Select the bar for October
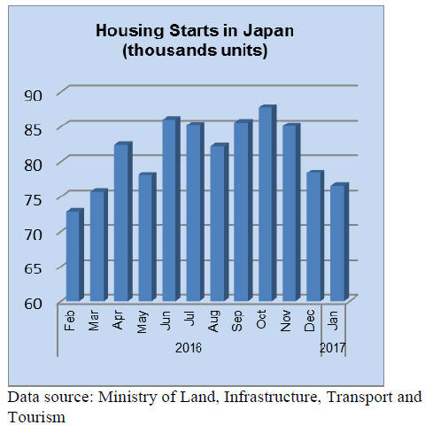pyautogui.click(x=267, y=203)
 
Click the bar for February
pyautogui.click(x=75, y=255)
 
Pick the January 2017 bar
pyautogui.click(x=339, y=242)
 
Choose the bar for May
pyautogui.click(x=147, y=237)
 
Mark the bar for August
pyautogui.click(x=220, y=222)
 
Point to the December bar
pyautogui.click(x=315, y=236)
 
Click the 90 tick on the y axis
pyautogui.click(x=33, y=96)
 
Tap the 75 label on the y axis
pyautogui.click(x=33, y=200)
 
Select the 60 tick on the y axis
pyautogui.click(x=33, y=304)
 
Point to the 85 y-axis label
pyautogui.click(x=33, y=130)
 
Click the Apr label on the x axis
pyautogui.click(x=118, y=320)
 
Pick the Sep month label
pyautogui.click(x=237, y=321)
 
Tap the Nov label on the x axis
pyautogui.click(x=285, y=321)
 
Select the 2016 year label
pyautogui.click(x=189, y=348)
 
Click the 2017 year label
pyautogui.click(x=332, y=348)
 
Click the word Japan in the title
pyautogui.click(x=268, y=31)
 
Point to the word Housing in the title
pyautogui.click(x=130, y=31)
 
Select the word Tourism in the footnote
pyautogui.click(x=36, y=417)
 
